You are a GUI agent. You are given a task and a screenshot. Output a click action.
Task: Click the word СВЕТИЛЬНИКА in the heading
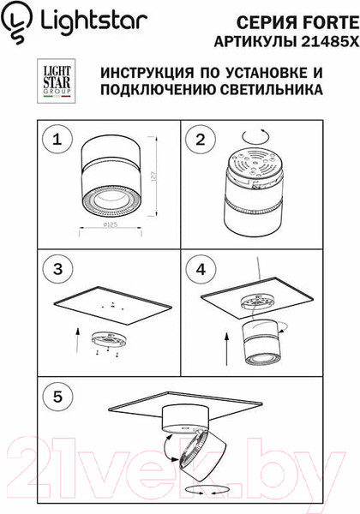click(x=272, y=88)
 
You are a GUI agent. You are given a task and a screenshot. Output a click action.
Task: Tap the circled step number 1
click(x=57, y=140)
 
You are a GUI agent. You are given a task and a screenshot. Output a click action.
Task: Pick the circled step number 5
click(x=57, y=398)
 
